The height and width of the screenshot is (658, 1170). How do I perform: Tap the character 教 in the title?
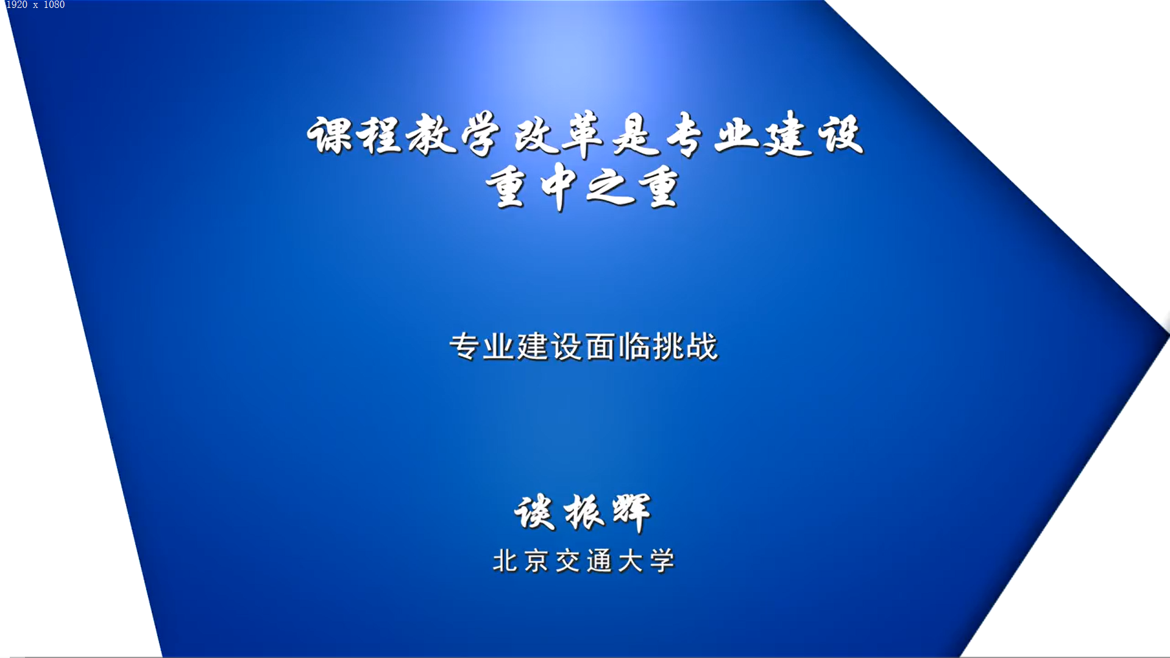click(x=431, y=135)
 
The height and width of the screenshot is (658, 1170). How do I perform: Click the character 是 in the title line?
click(x=636, y=135)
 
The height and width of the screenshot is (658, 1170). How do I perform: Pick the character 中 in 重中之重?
click(x=559, y=186)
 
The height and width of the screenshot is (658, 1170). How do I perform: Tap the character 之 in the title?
click(x=609, y=186)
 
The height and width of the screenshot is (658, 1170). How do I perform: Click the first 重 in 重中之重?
click(x=506, y=186)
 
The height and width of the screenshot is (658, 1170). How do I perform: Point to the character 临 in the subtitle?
click(x=634, y=347)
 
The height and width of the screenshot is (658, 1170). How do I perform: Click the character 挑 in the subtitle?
click(x=668, y=347)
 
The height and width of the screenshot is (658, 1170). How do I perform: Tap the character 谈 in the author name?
click(x=534, y=512)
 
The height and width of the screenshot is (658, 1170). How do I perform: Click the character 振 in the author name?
click(x=584, y=512)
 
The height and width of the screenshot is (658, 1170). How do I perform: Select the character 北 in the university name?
click(x=505, y=561)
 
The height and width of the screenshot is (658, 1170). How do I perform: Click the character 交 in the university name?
click(x=568, y=561)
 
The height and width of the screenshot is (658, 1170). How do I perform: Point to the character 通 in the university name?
click(x=600, y=561)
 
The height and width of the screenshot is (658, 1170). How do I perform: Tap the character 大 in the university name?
click(x=631, y=561)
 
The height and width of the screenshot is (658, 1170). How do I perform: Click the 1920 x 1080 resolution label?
click(x=35, y=5)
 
